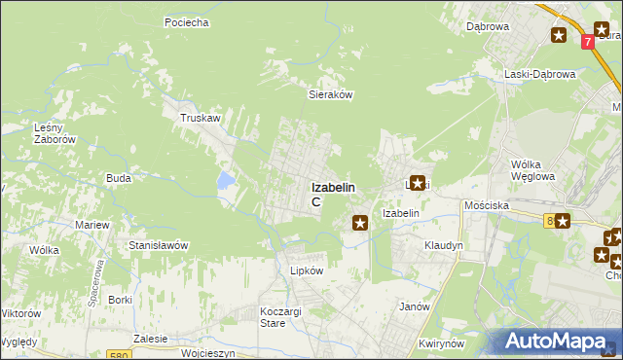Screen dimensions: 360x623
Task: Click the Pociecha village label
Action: click(x=187, y=22)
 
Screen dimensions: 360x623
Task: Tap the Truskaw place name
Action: click(x=198, y=117)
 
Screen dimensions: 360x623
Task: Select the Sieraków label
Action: click(x=329, y=95)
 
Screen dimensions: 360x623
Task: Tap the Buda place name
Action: click(x=119, y=178)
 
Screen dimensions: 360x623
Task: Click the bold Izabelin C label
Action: click(x=333, y=194)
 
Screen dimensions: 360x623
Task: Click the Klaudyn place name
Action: click(x=443, y=246)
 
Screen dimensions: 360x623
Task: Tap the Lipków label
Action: click(x=305, y=270)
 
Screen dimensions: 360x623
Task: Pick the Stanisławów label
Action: click(x=158, y=245)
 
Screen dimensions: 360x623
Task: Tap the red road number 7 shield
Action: click(x=588, y=43)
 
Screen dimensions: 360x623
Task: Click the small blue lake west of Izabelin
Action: click(x=226, y=180)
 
